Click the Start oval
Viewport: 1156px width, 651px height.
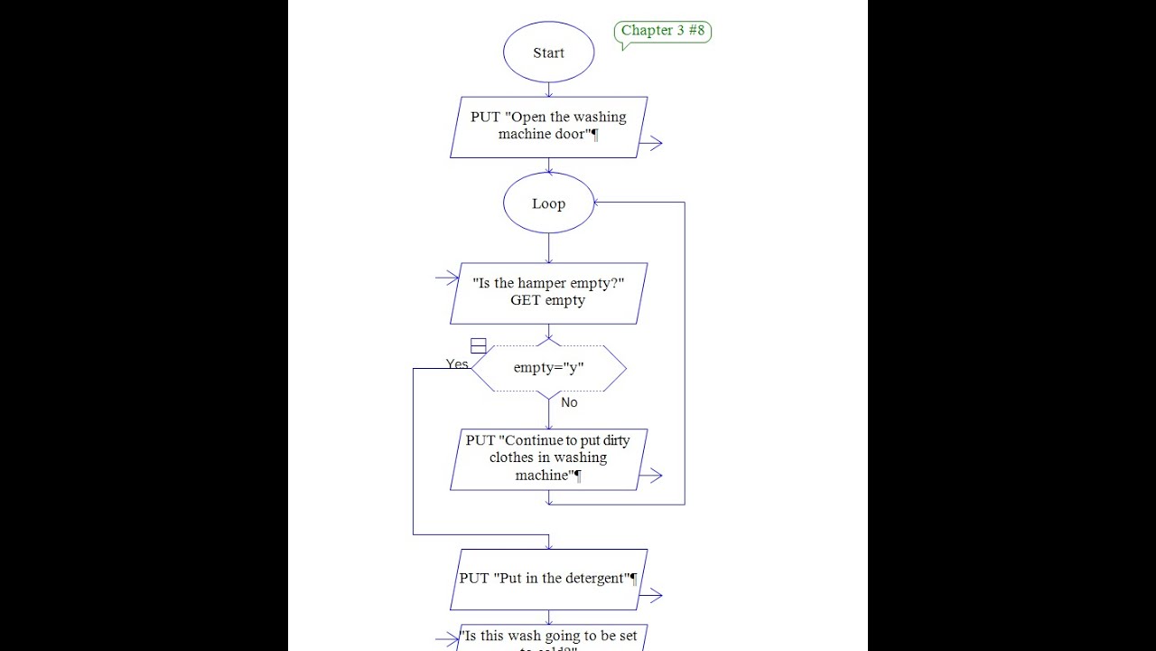click(x=548, y=52)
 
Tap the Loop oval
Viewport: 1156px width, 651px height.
click(x=548, y=203)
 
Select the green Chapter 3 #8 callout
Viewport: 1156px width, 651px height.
click(x=663, y=32)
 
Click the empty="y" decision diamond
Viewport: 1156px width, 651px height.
click(x=548, y=368)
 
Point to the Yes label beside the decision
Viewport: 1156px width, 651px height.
click(x=457, y=364)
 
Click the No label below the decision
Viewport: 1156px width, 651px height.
click(x=569, y=402)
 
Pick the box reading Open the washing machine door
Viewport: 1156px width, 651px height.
click(x=548, y=127)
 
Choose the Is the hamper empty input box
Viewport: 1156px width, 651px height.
click(x=548, y=292)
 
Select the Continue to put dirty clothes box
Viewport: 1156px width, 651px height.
click(x=548, y=458)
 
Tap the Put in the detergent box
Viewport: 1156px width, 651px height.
click(x=548, y=579)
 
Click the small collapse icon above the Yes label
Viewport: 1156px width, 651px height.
click(x=479, y=345)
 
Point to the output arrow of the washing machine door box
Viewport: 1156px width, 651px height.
click(x=651, y=143)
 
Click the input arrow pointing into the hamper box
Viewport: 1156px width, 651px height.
click(x=447, y=278)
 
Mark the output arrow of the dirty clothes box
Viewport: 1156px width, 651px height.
click(x=651, y=476)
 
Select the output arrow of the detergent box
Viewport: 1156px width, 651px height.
click(x=651, y=596)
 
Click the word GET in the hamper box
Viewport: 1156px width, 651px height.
click(x=525, y=300)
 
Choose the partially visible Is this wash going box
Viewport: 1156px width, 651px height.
click(x=548, y=637)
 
